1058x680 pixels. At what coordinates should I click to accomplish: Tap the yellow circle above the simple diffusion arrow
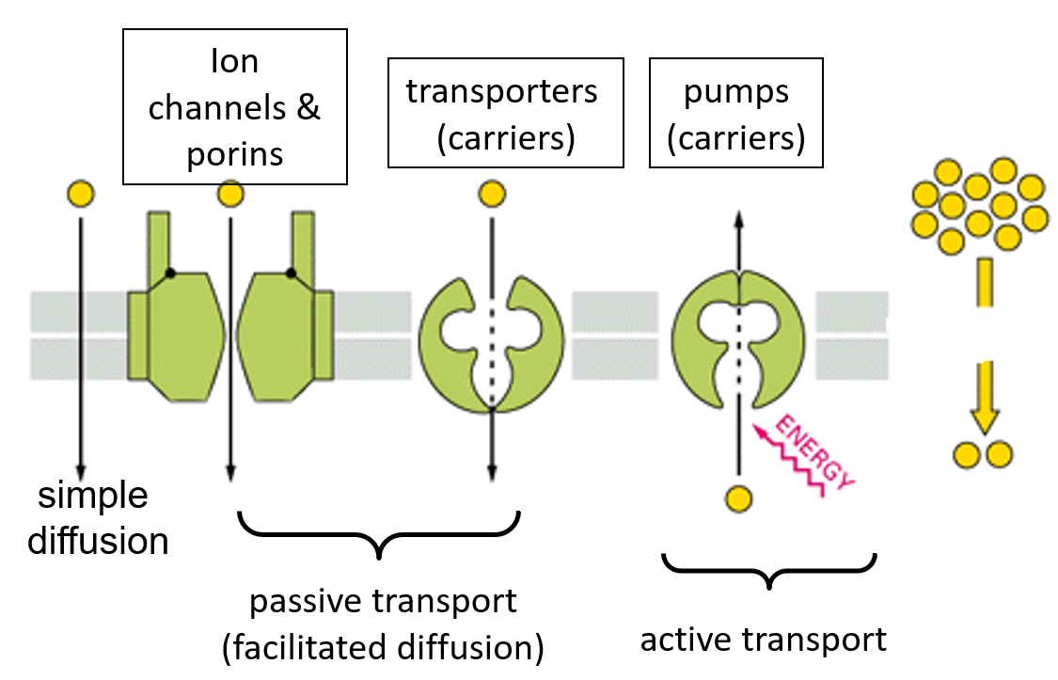point(81,195)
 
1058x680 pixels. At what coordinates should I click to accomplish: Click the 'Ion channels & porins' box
point(235,106)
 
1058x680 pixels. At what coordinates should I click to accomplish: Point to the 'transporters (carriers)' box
point(505,114)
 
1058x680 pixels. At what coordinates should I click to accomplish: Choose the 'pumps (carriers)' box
point(736,114)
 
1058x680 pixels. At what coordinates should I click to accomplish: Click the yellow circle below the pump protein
point(739,498)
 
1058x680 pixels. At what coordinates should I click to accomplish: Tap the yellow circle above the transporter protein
point(491,195)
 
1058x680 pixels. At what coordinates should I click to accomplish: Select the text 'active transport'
point(763,640)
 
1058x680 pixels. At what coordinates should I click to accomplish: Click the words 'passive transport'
point(383,602)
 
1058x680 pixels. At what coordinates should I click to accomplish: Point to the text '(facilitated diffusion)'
point(383,647)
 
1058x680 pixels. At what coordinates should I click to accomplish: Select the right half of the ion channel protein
point(282,329)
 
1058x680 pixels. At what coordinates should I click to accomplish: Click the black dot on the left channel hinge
point(170,274)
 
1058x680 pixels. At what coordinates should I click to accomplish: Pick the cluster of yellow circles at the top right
point(978,205)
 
